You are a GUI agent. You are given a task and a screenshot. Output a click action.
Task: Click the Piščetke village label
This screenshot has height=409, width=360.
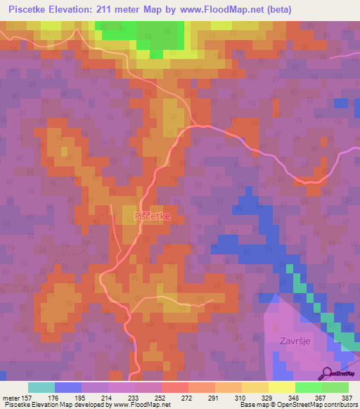pos(153,216)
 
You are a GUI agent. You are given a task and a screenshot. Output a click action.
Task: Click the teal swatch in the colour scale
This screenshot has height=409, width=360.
pos(41,387)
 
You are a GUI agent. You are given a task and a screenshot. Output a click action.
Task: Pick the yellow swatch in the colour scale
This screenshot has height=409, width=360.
pos(281,387)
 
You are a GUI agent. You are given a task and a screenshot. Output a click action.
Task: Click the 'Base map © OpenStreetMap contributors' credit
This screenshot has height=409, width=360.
pos(298,405)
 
